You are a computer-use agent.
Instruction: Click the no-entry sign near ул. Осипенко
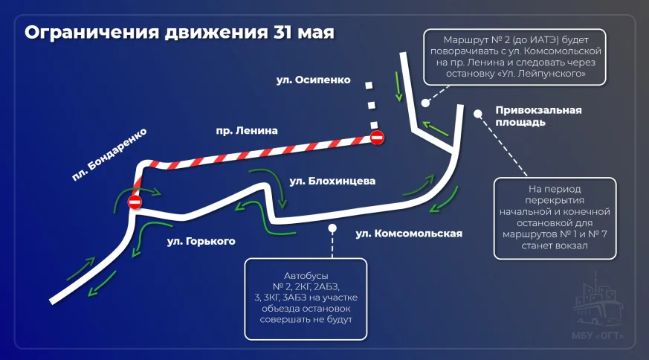tap(377, 138)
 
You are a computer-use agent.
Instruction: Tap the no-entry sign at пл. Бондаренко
tap(135, 202)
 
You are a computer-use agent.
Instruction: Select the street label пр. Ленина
tap(247, 131)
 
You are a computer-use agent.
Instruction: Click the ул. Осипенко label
tap(313, 80)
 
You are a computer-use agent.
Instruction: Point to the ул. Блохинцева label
tap(332, 181)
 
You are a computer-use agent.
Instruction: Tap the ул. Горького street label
tap(201, 241)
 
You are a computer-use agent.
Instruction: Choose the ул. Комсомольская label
tap(409, 234)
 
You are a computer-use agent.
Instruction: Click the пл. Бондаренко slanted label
tap(109, 155)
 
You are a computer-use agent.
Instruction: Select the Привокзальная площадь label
tap(538, 117)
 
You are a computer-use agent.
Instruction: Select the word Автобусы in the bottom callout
tap(306, 276)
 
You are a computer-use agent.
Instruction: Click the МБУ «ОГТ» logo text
tap(598, 335)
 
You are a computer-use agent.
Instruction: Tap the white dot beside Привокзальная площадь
tap(478, 114)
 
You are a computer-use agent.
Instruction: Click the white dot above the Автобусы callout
tap(332, 228)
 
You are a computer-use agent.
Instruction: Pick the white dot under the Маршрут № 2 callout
tap(425, 103)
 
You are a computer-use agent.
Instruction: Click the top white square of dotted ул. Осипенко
tap(369, 86)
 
